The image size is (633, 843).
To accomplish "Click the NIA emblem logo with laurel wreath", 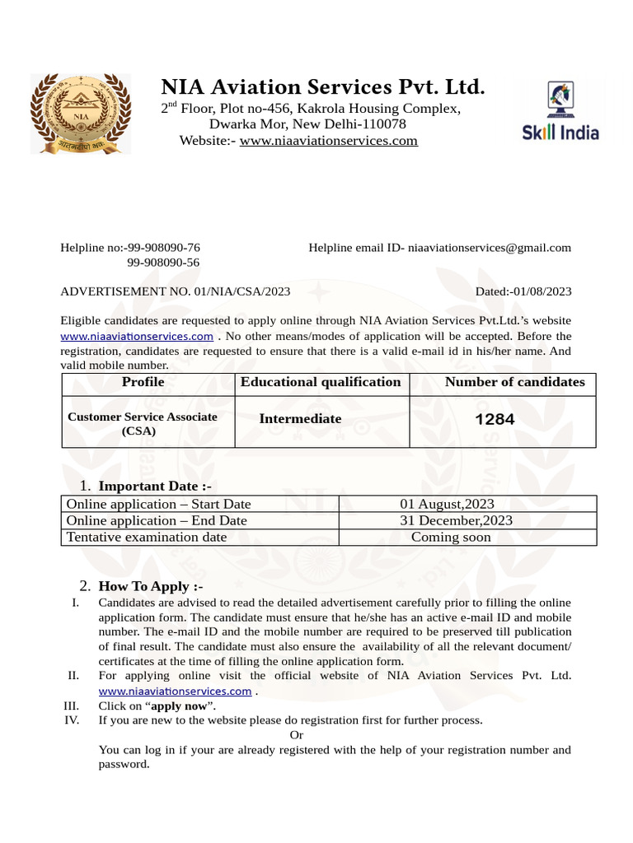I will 80,113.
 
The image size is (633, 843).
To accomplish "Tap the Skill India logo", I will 560,111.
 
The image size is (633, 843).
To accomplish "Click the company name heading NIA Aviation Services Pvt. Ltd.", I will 322,86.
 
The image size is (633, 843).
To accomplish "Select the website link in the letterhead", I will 328,141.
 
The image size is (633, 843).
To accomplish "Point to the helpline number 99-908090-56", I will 163,263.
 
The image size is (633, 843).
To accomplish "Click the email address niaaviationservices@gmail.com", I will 490,248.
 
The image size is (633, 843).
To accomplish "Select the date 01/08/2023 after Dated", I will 542,291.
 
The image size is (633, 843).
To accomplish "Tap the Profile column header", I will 143,382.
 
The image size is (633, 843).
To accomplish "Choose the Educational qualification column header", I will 321,382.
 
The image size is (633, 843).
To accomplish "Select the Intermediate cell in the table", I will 300,419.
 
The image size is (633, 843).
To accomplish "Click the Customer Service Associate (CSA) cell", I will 143,423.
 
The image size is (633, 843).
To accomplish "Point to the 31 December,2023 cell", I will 456,520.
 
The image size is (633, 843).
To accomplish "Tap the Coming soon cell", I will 451,538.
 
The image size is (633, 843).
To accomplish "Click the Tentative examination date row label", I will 147,538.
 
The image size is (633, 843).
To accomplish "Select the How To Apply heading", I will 150,587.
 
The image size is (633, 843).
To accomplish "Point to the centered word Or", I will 298,734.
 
